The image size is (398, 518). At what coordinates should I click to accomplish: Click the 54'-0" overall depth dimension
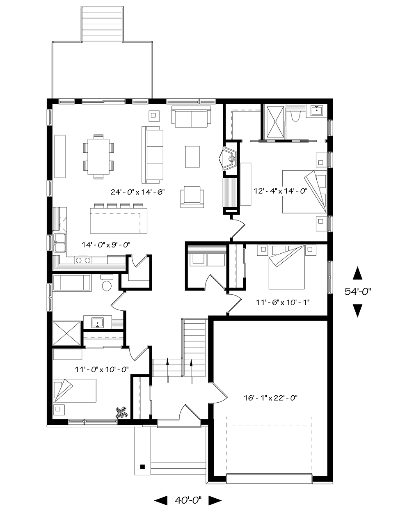tap(358, 291)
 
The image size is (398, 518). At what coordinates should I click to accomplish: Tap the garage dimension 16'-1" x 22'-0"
tap(271, 398)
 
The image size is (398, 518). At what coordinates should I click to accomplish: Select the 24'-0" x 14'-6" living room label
tap(138, 192)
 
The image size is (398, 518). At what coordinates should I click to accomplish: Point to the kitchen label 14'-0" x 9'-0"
tap(106, 245)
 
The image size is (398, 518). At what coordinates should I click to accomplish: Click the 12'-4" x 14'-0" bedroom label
tap(281, 191)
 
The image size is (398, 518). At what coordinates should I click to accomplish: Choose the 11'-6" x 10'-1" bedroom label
tap(283, 302)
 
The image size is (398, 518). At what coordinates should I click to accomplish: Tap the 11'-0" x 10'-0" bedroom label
tap(102, 369)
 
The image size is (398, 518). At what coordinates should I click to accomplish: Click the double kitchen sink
tap(60, 243)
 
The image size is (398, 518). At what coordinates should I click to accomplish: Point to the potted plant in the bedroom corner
tap(122, 413)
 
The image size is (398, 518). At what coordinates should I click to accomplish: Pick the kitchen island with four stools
tap(119, 218)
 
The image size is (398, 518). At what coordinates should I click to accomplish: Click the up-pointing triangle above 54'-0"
tap(357, 273)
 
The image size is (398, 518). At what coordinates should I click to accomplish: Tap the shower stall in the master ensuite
tap(275, 122)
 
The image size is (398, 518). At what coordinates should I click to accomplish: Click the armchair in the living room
tap(192, 197)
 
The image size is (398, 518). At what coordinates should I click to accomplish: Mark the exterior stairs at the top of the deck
tap(102, 24)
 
